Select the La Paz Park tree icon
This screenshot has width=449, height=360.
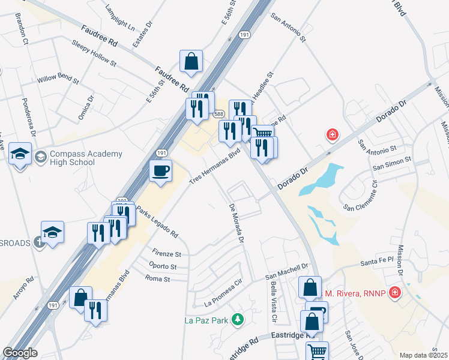coord(238,319)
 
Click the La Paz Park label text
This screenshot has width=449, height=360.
coord(206,320)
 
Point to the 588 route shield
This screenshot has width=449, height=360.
coord(218,114)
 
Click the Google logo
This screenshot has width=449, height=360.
coord(20,353)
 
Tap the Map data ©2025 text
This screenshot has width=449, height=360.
coord(423,355)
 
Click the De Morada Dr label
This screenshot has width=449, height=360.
coord(236,223)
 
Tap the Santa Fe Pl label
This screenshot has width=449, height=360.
coord(376,262)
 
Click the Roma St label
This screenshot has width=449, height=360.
coord(158,278)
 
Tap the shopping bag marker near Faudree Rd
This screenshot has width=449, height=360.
coord(191,61)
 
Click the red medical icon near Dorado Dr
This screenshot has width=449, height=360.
coord(332,134)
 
